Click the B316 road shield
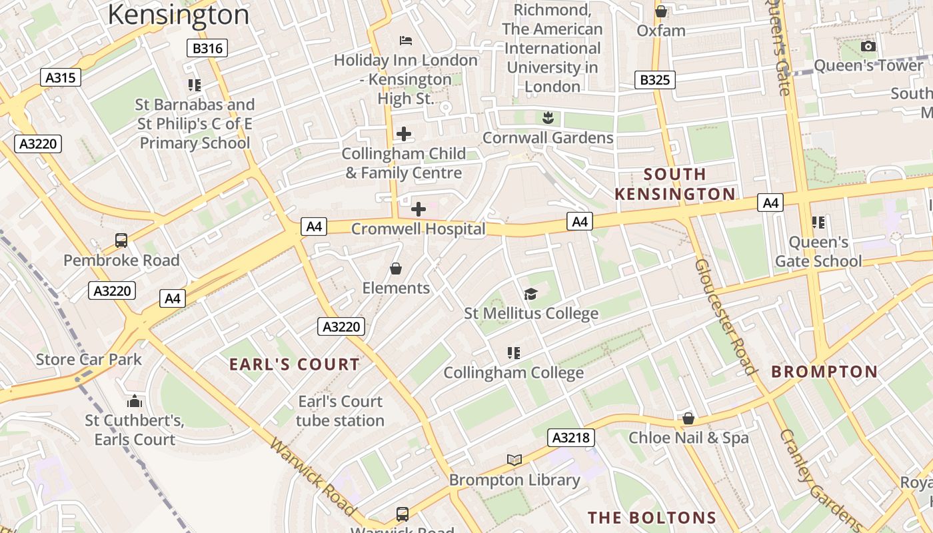coord(207,48)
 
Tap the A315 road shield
coord(60,77)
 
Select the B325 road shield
coord(654,80)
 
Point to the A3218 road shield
coord(571,438)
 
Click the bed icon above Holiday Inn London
coord(406,41)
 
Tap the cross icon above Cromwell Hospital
coord(419,209)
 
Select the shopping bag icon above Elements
coord(396,268)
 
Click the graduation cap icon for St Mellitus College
coord(530,294)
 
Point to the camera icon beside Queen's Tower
coord(868,46)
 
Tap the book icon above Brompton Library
coord(514,460)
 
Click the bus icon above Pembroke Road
coord(121,241)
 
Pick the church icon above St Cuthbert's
coord(135,401)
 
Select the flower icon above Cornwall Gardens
coord(548,119)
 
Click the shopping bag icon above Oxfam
coord(661,11)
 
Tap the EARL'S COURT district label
coord(295,364)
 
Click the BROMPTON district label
coord(824,372)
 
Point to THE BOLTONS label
coord(652,518)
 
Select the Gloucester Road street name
coord(726,317)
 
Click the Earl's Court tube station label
coord(341,411)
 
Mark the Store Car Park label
coord(89,360)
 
